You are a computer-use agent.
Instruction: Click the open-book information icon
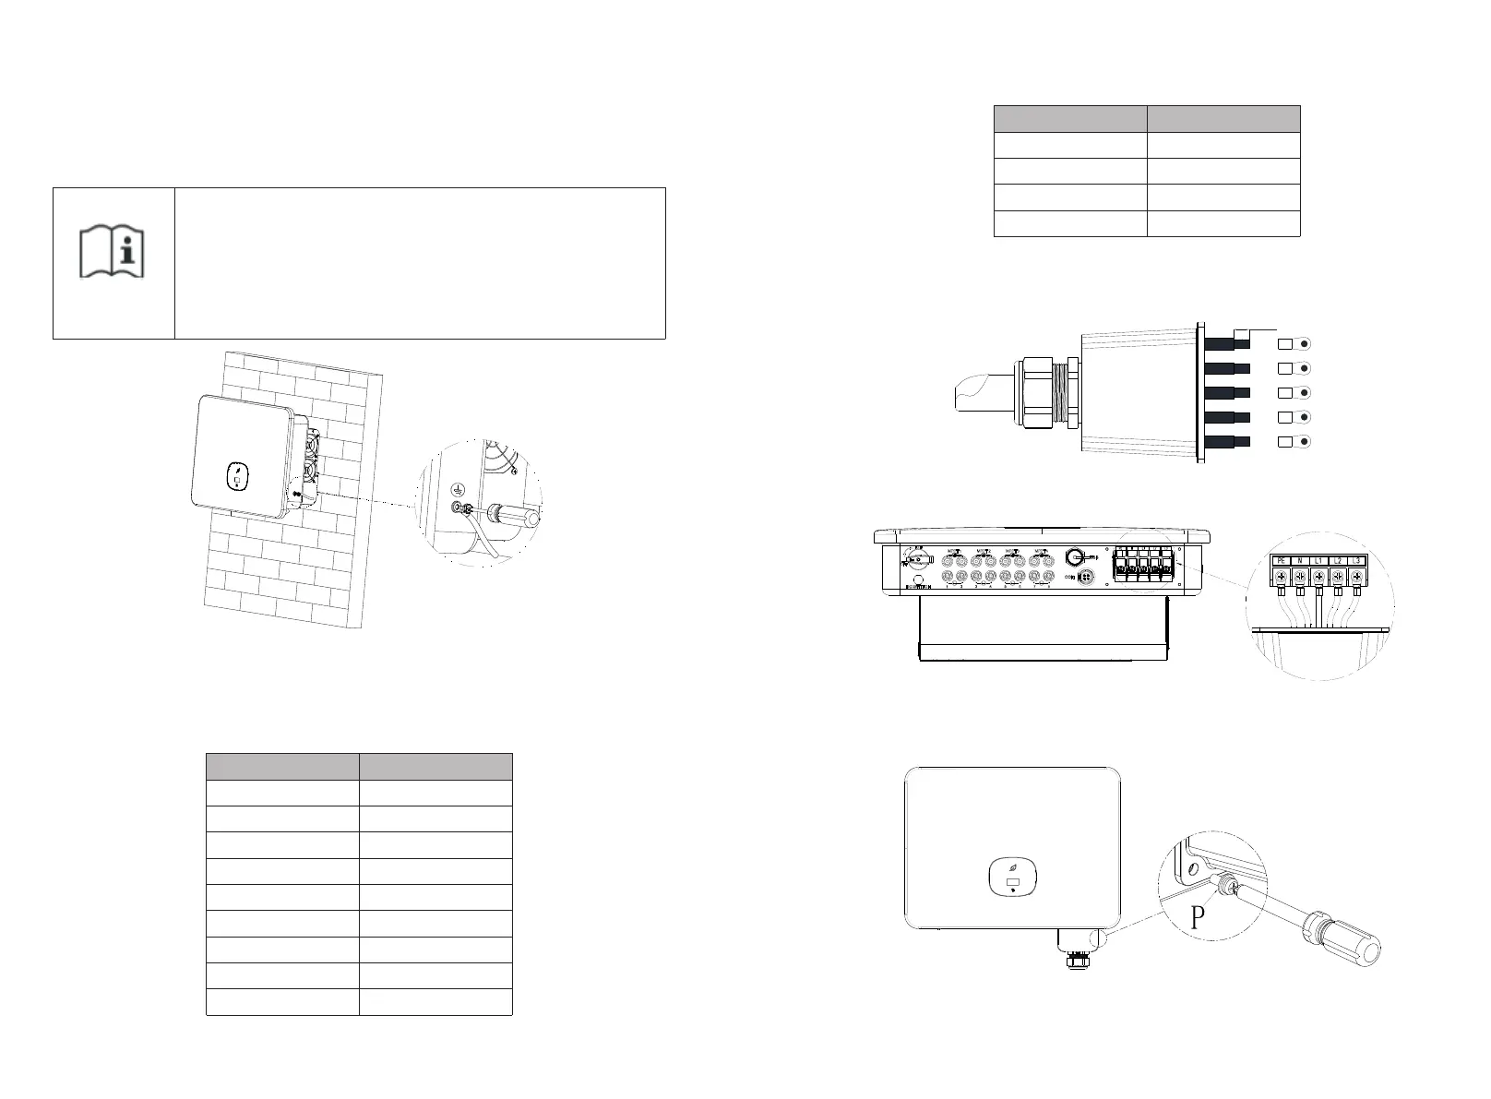tap(113, 249)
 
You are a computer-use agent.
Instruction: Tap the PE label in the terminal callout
tap(1281, 560)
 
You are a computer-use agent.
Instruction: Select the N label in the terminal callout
tap(1300, 560)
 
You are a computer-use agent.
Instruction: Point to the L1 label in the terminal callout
tap(1319, 560)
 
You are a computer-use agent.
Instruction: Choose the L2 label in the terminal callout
tap(1339, 560)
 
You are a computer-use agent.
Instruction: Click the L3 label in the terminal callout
tap(1357, 560)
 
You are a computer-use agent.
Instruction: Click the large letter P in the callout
tap(1198, 918)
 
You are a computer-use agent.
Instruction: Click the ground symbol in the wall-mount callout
tap(455, 491)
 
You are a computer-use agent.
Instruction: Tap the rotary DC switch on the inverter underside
tap(915, 559)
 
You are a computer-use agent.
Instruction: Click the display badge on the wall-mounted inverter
tap(237, 478)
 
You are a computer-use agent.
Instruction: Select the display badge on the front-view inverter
tap(1013, 878)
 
